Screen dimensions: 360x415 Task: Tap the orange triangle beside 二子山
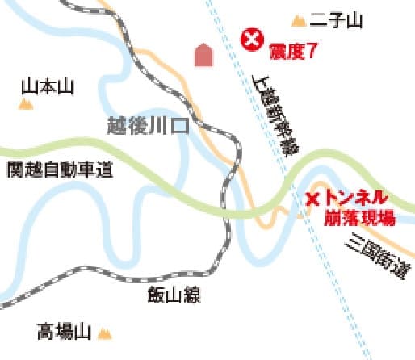tap(299, 19)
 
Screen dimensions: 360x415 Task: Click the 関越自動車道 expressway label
tap(58, 170)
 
